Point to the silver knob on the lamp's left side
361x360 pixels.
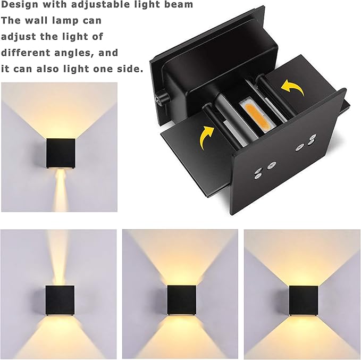point(160,99)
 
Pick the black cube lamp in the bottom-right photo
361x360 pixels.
point(304,300)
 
